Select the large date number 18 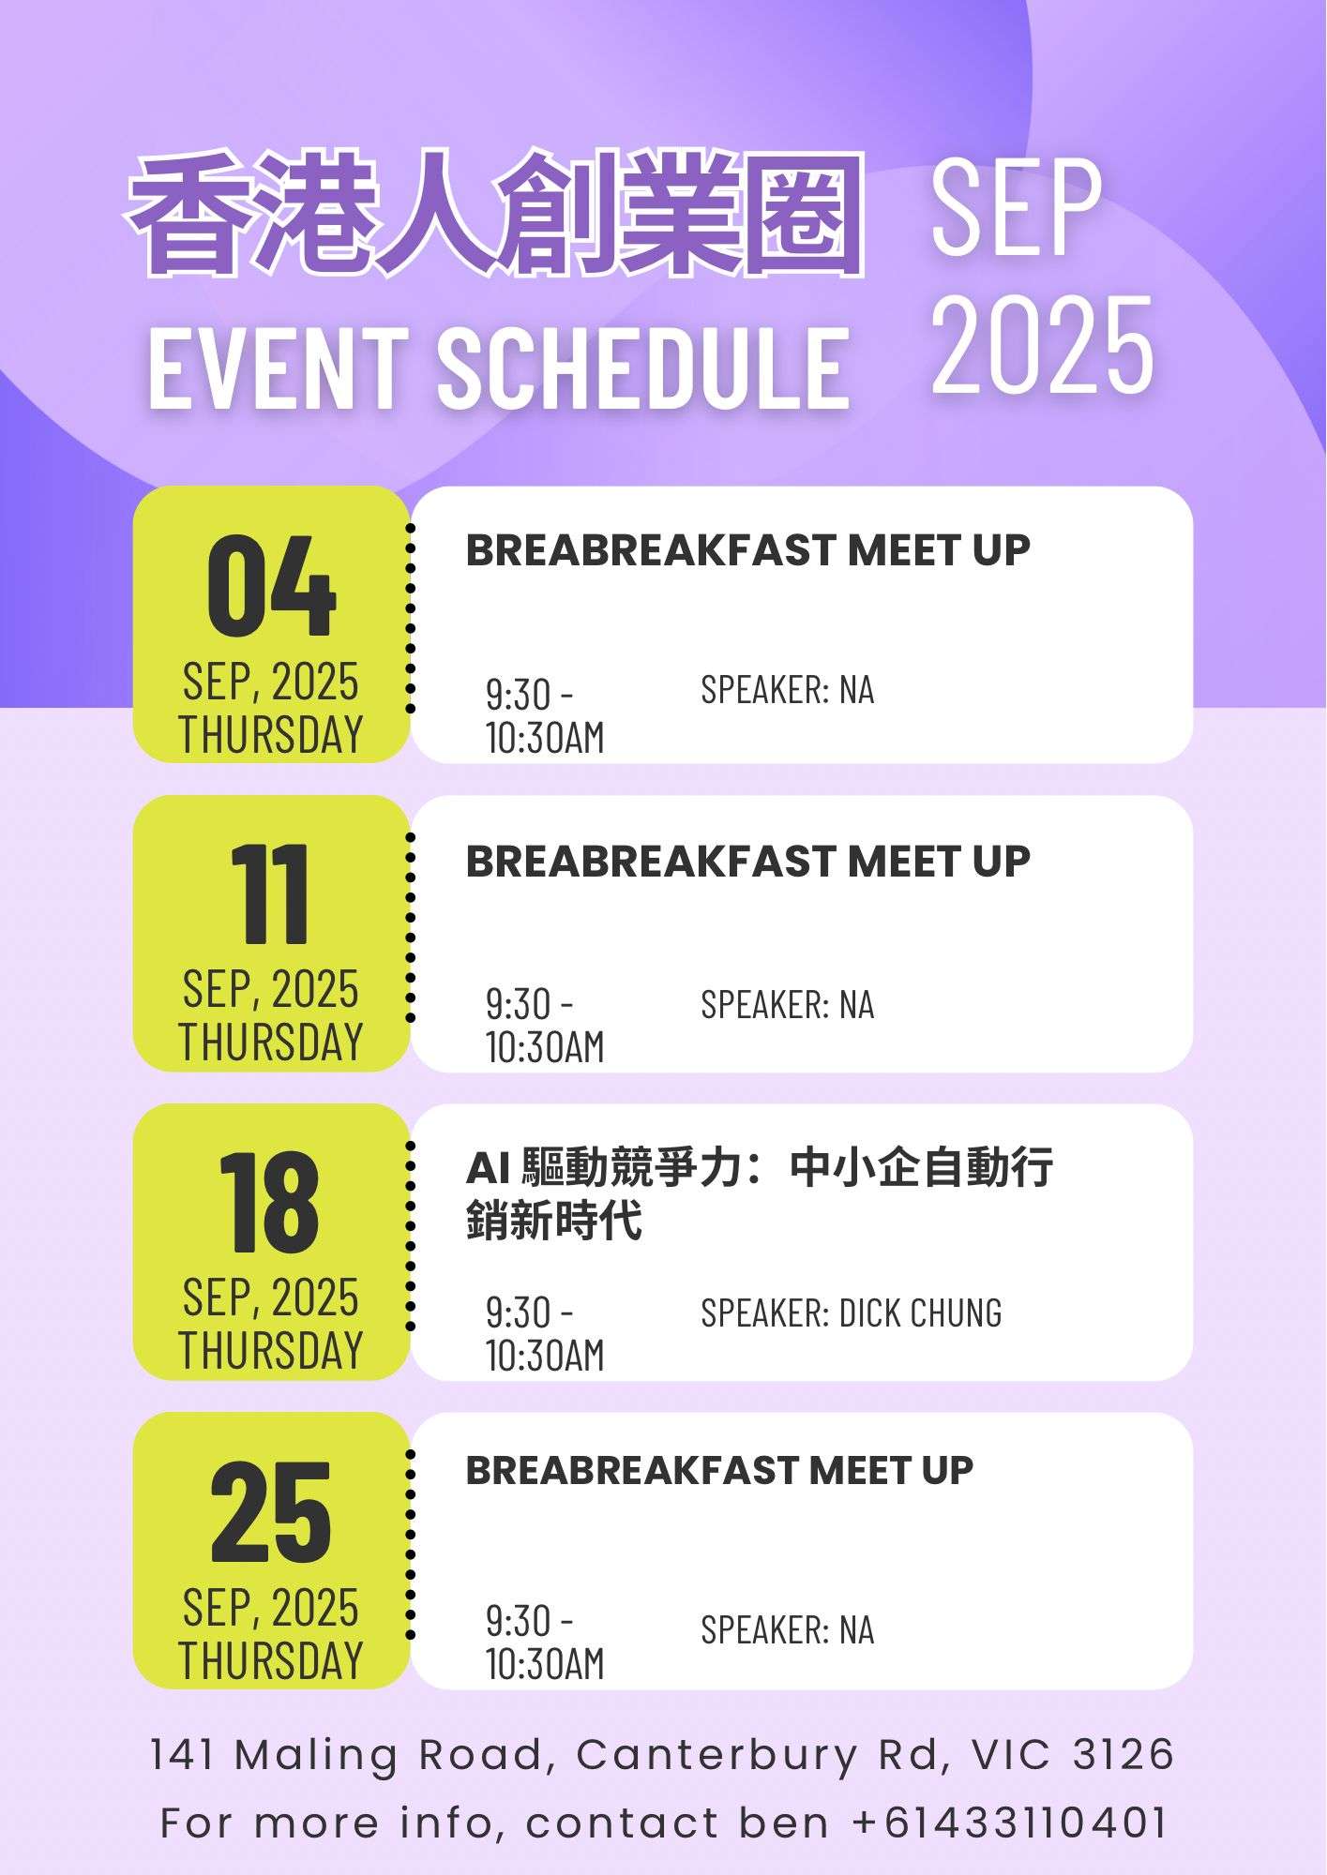(270, 1203)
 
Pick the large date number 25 (271, 1511)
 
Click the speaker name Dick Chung (920, 1312)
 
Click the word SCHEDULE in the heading (643, 367)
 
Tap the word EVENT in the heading (279, 367)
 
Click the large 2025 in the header (1042, 344)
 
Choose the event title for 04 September (747, 550)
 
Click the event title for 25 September (719, 1470)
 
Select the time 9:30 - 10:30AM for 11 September (545, 1026)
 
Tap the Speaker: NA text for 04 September (787, 689)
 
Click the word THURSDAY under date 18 (271, 1350)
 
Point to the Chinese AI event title (760, 1193)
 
